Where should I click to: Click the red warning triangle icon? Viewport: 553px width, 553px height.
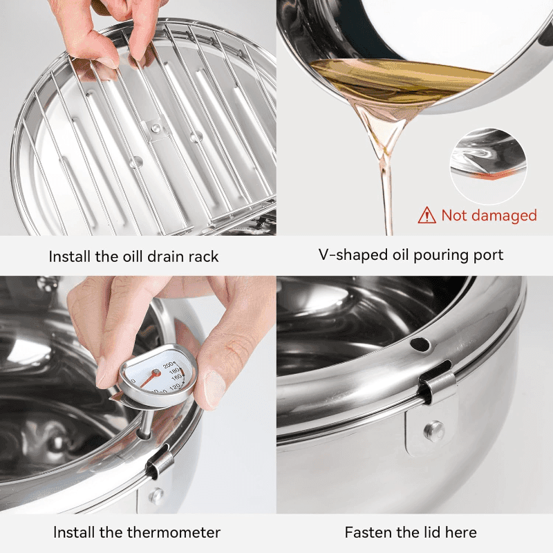427,215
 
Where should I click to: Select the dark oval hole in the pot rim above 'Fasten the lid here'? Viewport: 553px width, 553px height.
420,344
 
